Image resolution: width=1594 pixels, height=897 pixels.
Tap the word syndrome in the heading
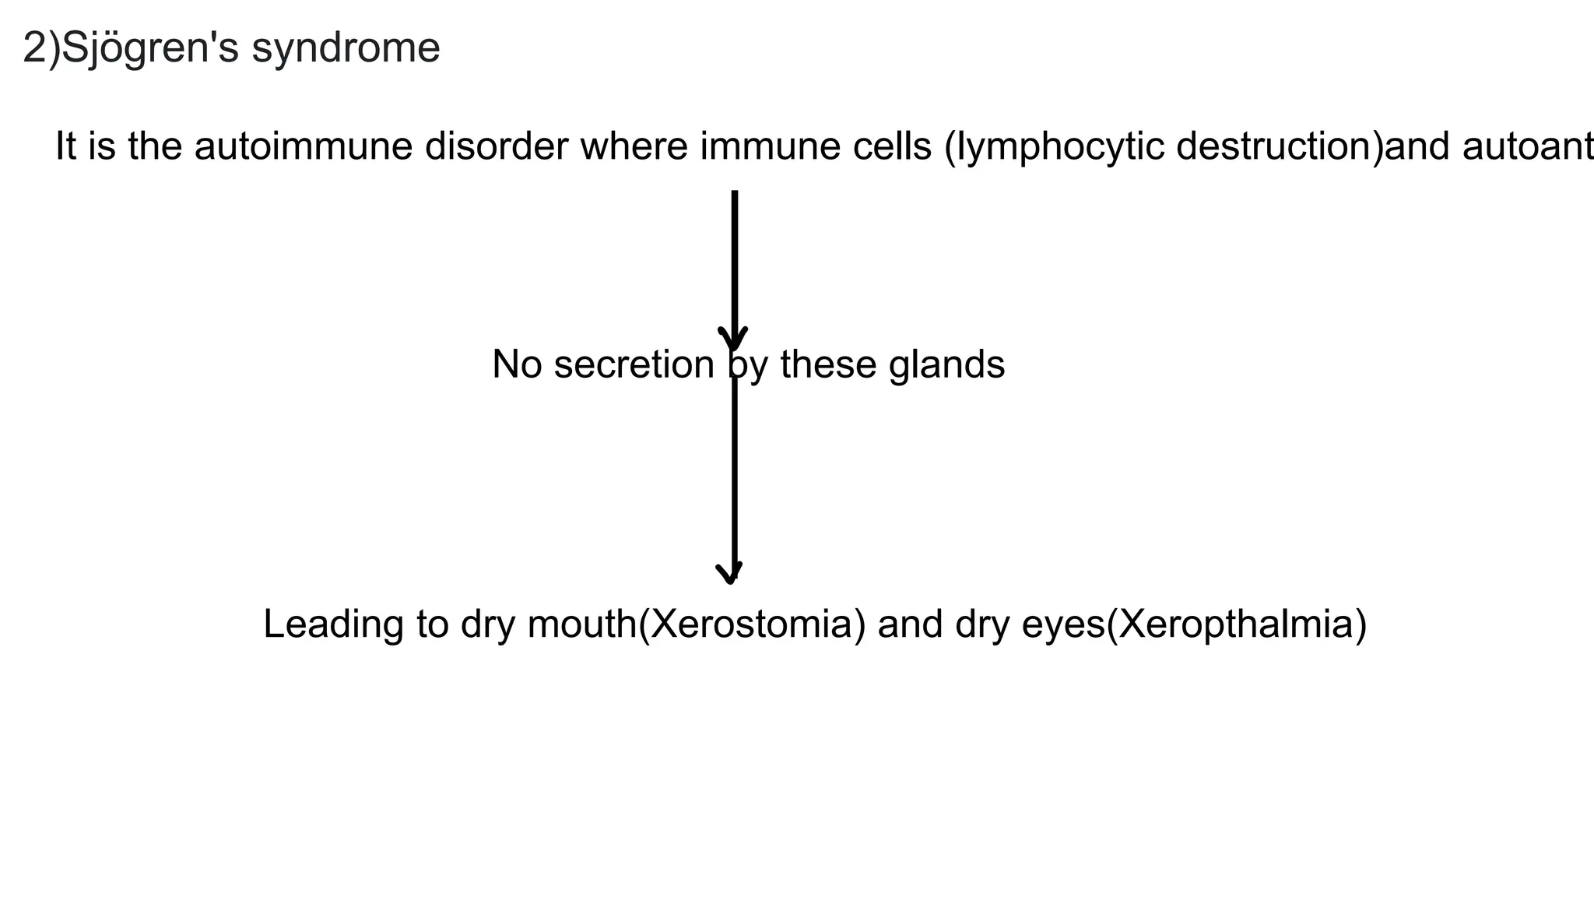point(346,48)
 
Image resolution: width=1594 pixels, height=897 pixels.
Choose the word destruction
point(1276,146)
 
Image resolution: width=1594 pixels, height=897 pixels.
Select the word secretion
point(634,364)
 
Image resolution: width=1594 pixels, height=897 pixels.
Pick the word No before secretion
point(517,364)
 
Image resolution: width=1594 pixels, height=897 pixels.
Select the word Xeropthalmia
point(1236,624)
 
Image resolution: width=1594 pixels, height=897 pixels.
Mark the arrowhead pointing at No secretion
point(732,339)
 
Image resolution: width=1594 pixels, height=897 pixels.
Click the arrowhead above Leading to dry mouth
point(730,573)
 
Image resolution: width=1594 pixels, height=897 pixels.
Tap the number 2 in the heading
point(35,48)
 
